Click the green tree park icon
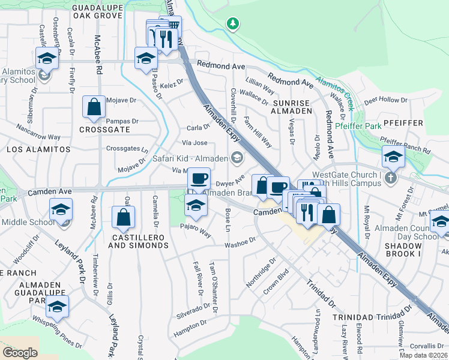233,24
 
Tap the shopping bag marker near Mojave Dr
94,107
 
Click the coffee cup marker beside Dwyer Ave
199,179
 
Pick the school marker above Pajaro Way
196,206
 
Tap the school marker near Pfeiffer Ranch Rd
393,157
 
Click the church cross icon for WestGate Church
391,178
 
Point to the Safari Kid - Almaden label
190,158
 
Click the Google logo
20,353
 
